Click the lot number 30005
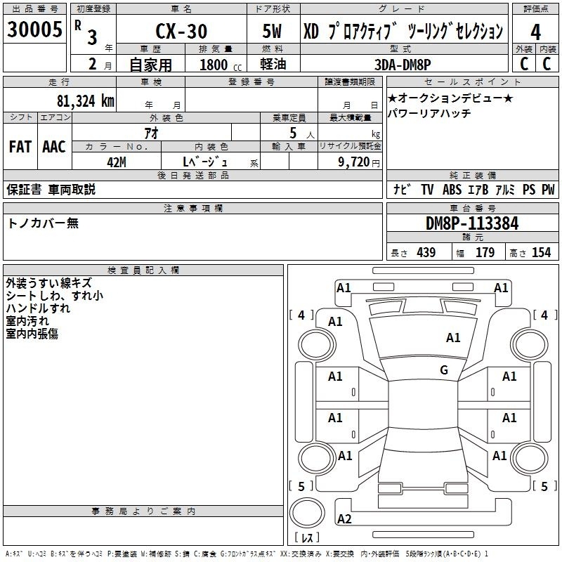35,30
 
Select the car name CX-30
181,32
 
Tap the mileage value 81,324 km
84,100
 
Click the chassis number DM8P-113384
472,223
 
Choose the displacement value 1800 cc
218,65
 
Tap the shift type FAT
20,147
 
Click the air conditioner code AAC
53,147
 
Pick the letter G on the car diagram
443,370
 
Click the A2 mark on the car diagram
344,518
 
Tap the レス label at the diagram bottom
307,538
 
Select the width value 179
485,252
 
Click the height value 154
541,252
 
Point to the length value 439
426,252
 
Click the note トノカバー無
43,223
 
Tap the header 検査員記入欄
144,270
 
